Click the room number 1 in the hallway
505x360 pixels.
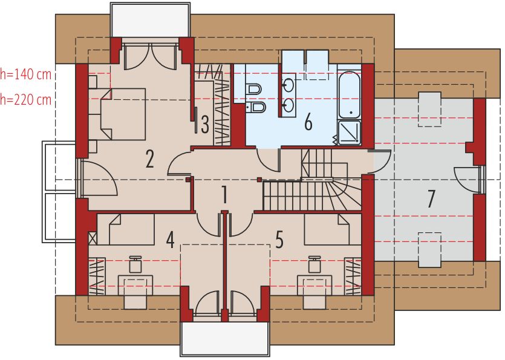click(x=224, y=195)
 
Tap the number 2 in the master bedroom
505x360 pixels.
click(x=149, y=159)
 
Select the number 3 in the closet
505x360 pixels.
click(x=205, y=124)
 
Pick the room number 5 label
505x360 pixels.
click(x=279, y=240)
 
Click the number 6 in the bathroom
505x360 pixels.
click(x=308, y=122)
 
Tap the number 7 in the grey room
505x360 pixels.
click(x=431, y=198)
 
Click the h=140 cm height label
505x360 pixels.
click(x=27, y=74)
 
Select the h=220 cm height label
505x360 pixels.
click(x=27, y=99)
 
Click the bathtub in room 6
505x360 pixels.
click(x=349, y=95)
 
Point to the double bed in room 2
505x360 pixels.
click(x=121, y=114)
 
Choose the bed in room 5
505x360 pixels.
click(x=327, y=230)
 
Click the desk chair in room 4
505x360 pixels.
click(x=135, y=264)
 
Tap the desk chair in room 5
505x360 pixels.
click(x=314, y=264)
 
